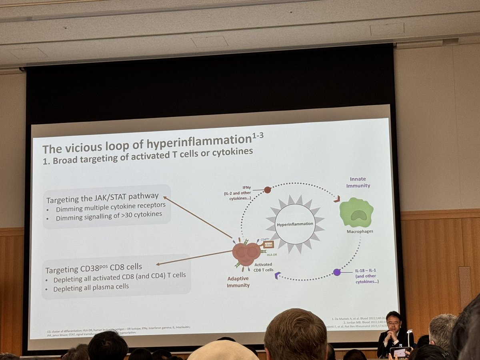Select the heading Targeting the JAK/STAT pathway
(102, 198)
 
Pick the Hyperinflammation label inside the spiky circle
(295, 224)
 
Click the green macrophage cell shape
(356, 212)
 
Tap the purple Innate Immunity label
(358, 182)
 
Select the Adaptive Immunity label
(238, 282)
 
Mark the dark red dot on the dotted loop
(268, 190)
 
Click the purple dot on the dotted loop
(337, 272)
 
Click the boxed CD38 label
(268, 244)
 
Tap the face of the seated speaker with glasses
(394, 322)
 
